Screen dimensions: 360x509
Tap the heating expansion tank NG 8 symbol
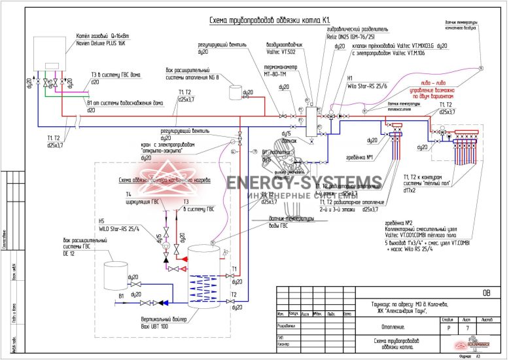pyautogui.click(x=235, y=92)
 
